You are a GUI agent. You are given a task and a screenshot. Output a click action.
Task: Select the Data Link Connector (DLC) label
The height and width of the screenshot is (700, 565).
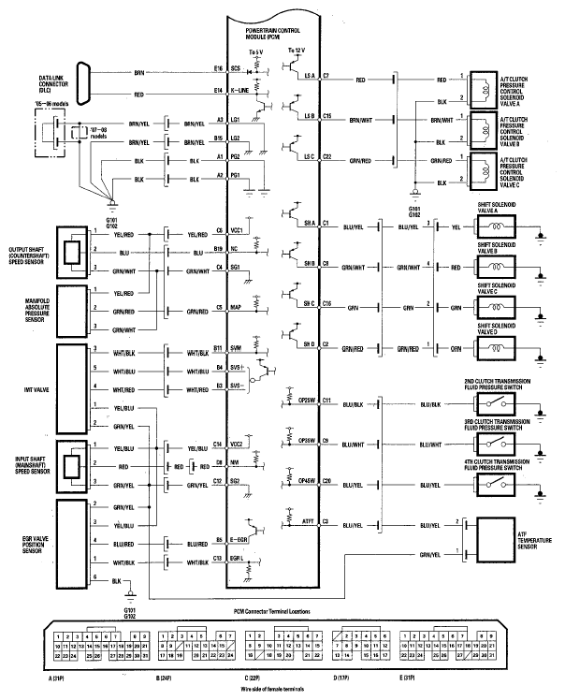37,84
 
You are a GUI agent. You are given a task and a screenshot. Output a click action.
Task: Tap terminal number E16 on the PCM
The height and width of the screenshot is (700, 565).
218,69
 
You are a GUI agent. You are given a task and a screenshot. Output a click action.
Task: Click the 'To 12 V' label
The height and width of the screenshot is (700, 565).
297,50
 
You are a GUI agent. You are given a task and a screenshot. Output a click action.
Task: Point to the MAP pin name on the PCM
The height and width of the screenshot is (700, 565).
239,306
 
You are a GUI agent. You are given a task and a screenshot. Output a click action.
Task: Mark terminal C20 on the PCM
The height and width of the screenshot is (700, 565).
326,480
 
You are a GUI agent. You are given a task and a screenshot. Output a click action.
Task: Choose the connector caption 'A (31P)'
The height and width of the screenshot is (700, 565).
57,676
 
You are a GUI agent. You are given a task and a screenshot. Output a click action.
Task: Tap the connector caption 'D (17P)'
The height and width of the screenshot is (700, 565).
340,676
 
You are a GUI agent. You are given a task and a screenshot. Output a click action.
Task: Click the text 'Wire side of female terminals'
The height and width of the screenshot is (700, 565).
282,688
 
